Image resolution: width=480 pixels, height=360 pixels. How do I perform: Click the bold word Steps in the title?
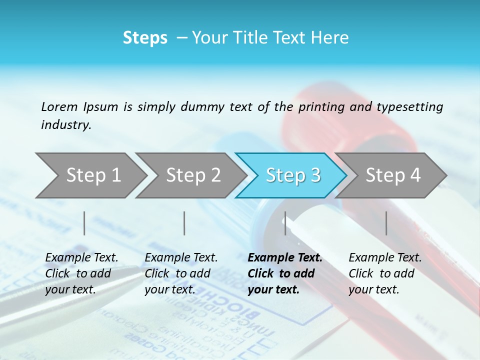point(145,38)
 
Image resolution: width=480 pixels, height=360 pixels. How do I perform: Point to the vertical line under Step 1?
point(84,223)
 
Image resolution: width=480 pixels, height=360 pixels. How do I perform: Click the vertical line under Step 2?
point(184,223)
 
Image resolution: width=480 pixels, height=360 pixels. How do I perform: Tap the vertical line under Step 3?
point(285,223)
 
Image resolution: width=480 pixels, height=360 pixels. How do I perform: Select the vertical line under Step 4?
point(386,223)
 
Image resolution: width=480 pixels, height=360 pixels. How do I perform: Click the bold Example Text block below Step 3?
point(284,273)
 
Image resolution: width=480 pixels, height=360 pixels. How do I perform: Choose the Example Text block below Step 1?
point(81,273)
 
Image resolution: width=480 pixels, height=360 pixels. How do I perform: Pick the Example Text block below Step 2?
point(181,273)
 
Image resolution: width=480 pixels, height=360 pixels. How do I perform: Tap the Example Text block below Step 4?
point(385,273)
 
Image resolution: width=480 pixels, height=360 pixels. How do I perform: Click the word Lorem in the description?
point(59,106)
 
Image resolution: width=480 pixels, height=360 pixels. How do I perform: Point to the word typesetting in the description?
point(409,107)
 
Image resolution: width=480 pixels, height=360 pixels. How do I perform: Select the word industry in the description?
point(66,125)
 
